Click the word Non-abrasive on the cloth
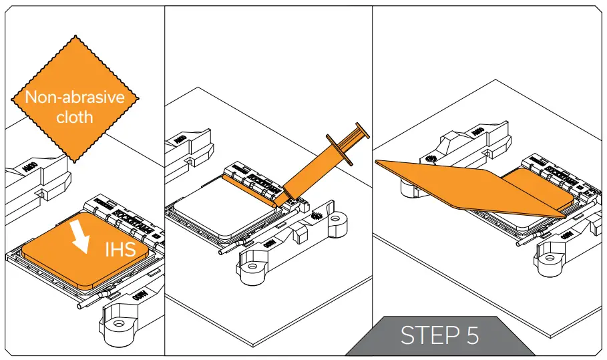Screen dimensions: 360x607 (75, 98)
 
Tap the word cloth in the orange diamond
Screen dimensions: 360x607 (75, 117)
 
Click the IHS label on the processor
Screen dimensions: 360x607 (120, 250)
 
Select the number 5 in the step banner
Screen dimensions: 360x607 (472, 335)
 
